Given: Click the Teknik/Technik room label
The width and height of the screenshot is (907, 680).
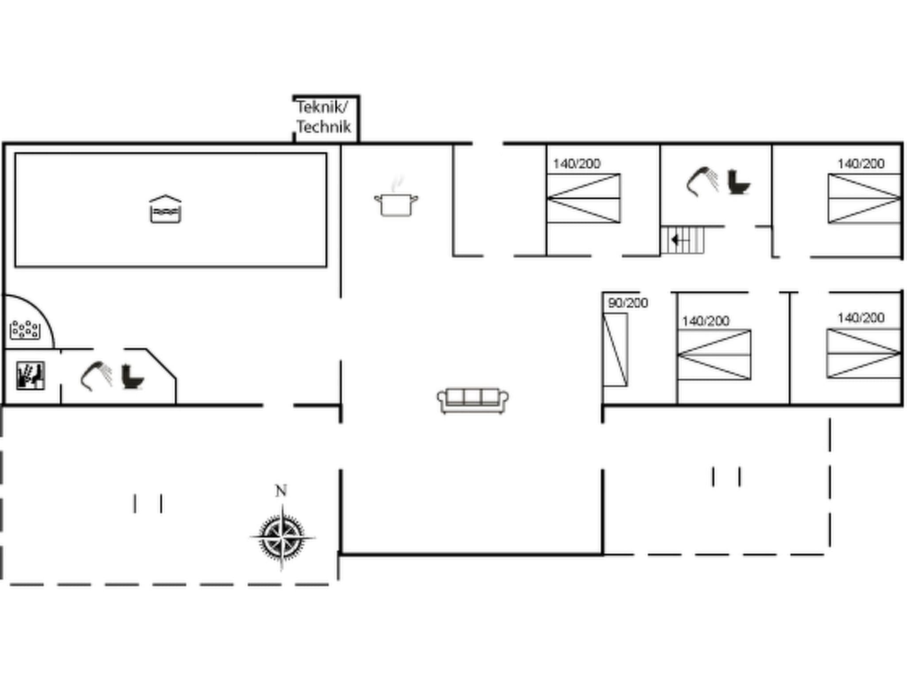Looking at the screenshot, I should [323, 117].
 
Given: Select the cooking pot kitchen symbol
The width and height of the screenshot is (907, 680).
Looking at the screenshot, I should [396, 204].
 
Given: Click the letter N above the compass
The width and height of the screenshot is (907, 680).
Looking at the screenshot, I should [281, 491].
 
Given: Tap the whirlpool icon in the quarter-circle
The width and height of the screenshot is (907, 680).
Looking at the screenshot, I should [25, 329].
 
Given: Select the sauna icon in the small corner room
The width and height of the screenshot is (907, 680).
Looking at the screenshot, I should [31, 376].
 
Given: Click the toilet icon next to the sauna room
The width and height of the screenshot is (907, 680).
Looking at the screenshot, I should [132, 377].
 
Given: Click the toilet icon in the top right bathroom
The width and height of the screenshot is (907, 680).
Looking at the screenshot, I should [738, 182].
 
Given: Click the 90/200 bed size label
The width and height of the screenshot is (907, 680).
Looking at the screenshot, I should [628, 303].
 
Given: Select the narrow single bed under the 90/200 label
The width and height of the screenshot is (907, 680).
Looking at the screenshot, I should [615, 350].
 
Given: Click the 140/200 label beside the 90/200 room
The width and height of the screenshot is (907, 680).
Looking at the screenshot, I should [705, 321].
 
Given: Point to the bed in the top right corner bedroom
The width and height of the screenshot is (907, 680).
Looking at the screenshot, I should [864, 198].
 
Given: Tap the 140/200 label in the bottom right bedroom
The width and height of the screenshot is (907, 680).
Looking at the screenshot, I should [860, 318].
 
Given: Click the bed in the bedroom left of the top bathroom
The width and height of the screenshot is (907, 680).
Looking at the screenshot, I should [583, 198].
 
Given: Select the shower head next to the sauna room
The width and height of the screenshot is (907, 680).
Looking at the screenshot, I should [96, 375].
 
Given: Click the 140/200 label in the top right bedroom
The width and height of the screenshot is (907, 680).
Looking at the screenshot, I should [860, 164].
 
